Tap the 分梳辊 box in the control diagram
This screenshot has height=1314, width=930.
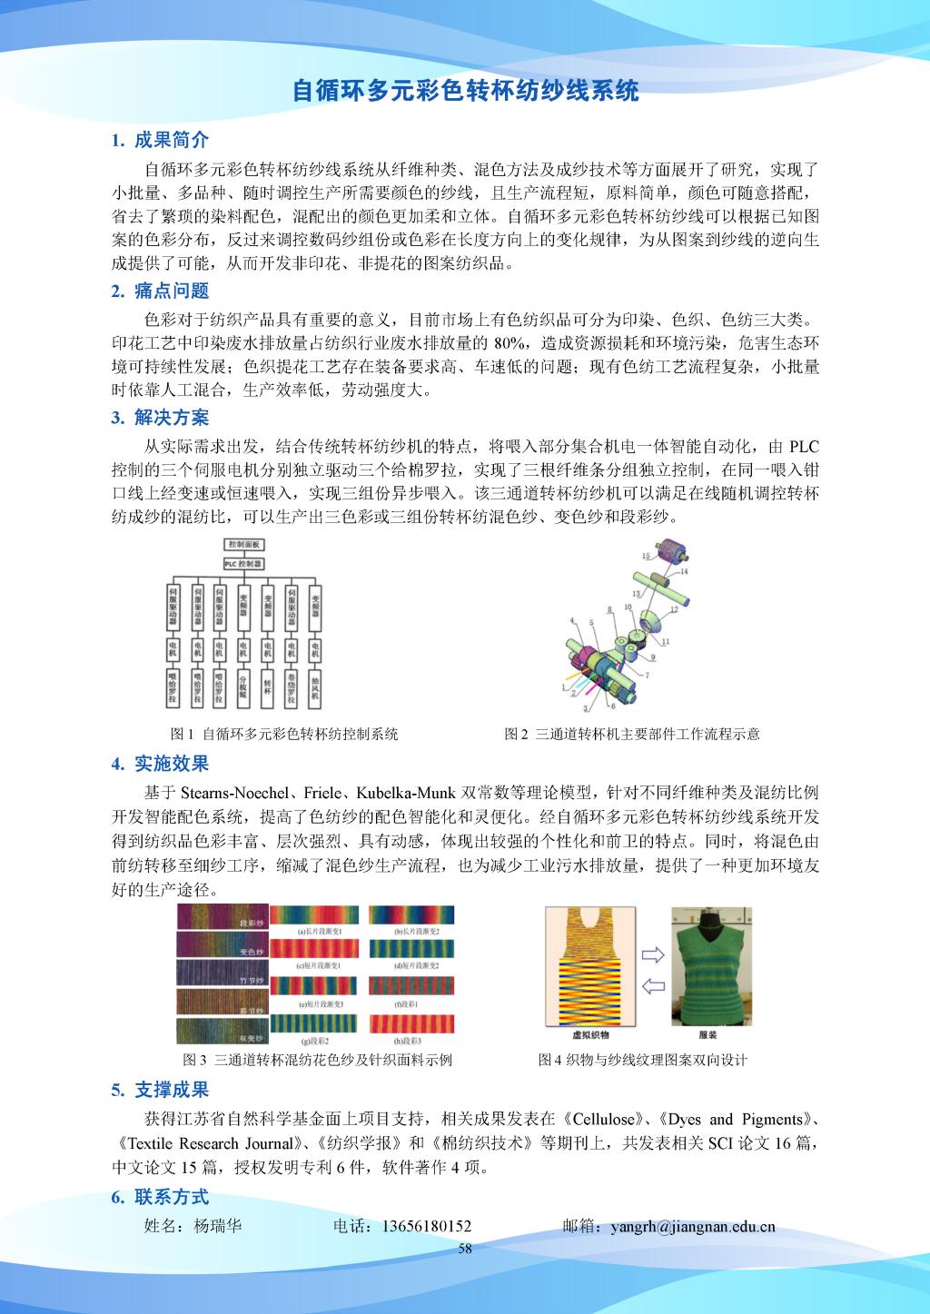[x=242, y=687]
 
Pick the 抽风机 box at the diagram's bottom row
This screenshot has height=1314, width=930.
[x=314, y=687]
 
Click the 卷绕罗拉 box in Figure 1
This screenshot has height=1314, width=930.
[x=291, y=687]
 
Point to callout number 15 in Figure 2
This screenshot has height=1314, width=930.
[x=645, y=554]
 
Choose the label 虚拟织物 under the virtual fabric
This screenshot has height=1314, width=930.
[x=590, y=1035]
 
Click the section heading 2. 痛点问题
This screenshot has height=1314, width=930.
[x=160, y=291]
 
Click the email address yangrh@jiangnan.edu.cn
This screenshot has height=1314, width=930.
[x=693, y=1226]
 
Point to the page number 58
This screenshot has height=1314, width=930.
[x=465, y=1249]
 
